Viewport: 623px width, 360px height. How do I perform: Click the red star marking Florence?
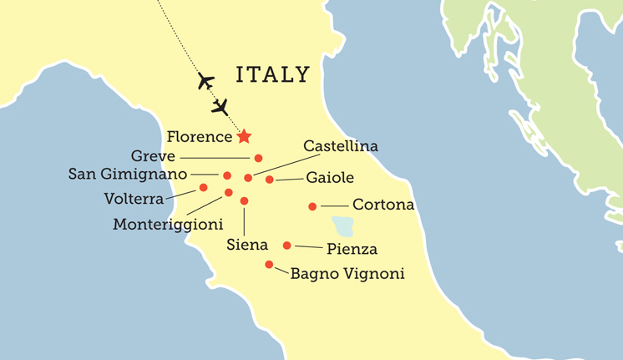click(244, 136)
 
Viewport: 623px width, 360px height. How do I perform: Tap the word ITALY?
click(273, 75)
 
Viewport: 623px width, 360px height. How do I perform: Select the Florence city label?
click(199, 136)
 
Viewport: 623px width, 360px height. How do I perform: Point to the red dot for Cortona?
click(312, 206)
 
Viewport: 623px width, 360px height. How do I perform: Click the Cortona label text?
click(383, 205)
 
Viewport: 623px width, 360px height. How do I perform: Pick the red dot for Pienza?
click(287, 246)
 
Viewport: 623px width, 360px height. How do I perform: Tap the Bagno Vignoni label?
click(347, 273)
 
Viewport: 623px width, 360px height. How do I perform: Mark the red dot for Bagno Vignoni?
click(269, 265)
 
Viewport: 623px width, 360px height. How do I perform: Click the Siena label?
click(247, 245)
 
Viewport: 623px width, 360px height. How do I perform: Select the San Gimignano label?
click(128, 175)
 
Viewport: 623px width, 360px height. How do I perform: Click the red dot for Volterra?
click(203, 188)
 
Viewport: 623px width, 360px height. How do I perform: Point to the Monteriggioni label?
click(168, 225)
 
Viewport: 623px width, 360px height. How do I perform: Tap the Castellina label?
click(341, 146)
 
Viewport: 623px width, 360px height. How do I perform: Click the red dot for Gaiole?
click(270, 180)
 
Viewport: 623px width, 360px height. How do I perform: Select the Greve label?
click(153, 156)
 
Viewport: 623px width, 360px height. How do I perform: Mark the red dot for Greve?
click(258, 158)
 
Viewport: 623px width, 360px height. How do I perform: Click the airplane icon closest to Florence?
click(220, 107)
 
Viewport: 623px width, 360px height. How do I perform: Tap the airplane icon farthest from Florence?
click(205, 81)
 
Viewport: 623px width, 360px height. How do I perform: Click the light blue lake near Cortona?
click(342, 226)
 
